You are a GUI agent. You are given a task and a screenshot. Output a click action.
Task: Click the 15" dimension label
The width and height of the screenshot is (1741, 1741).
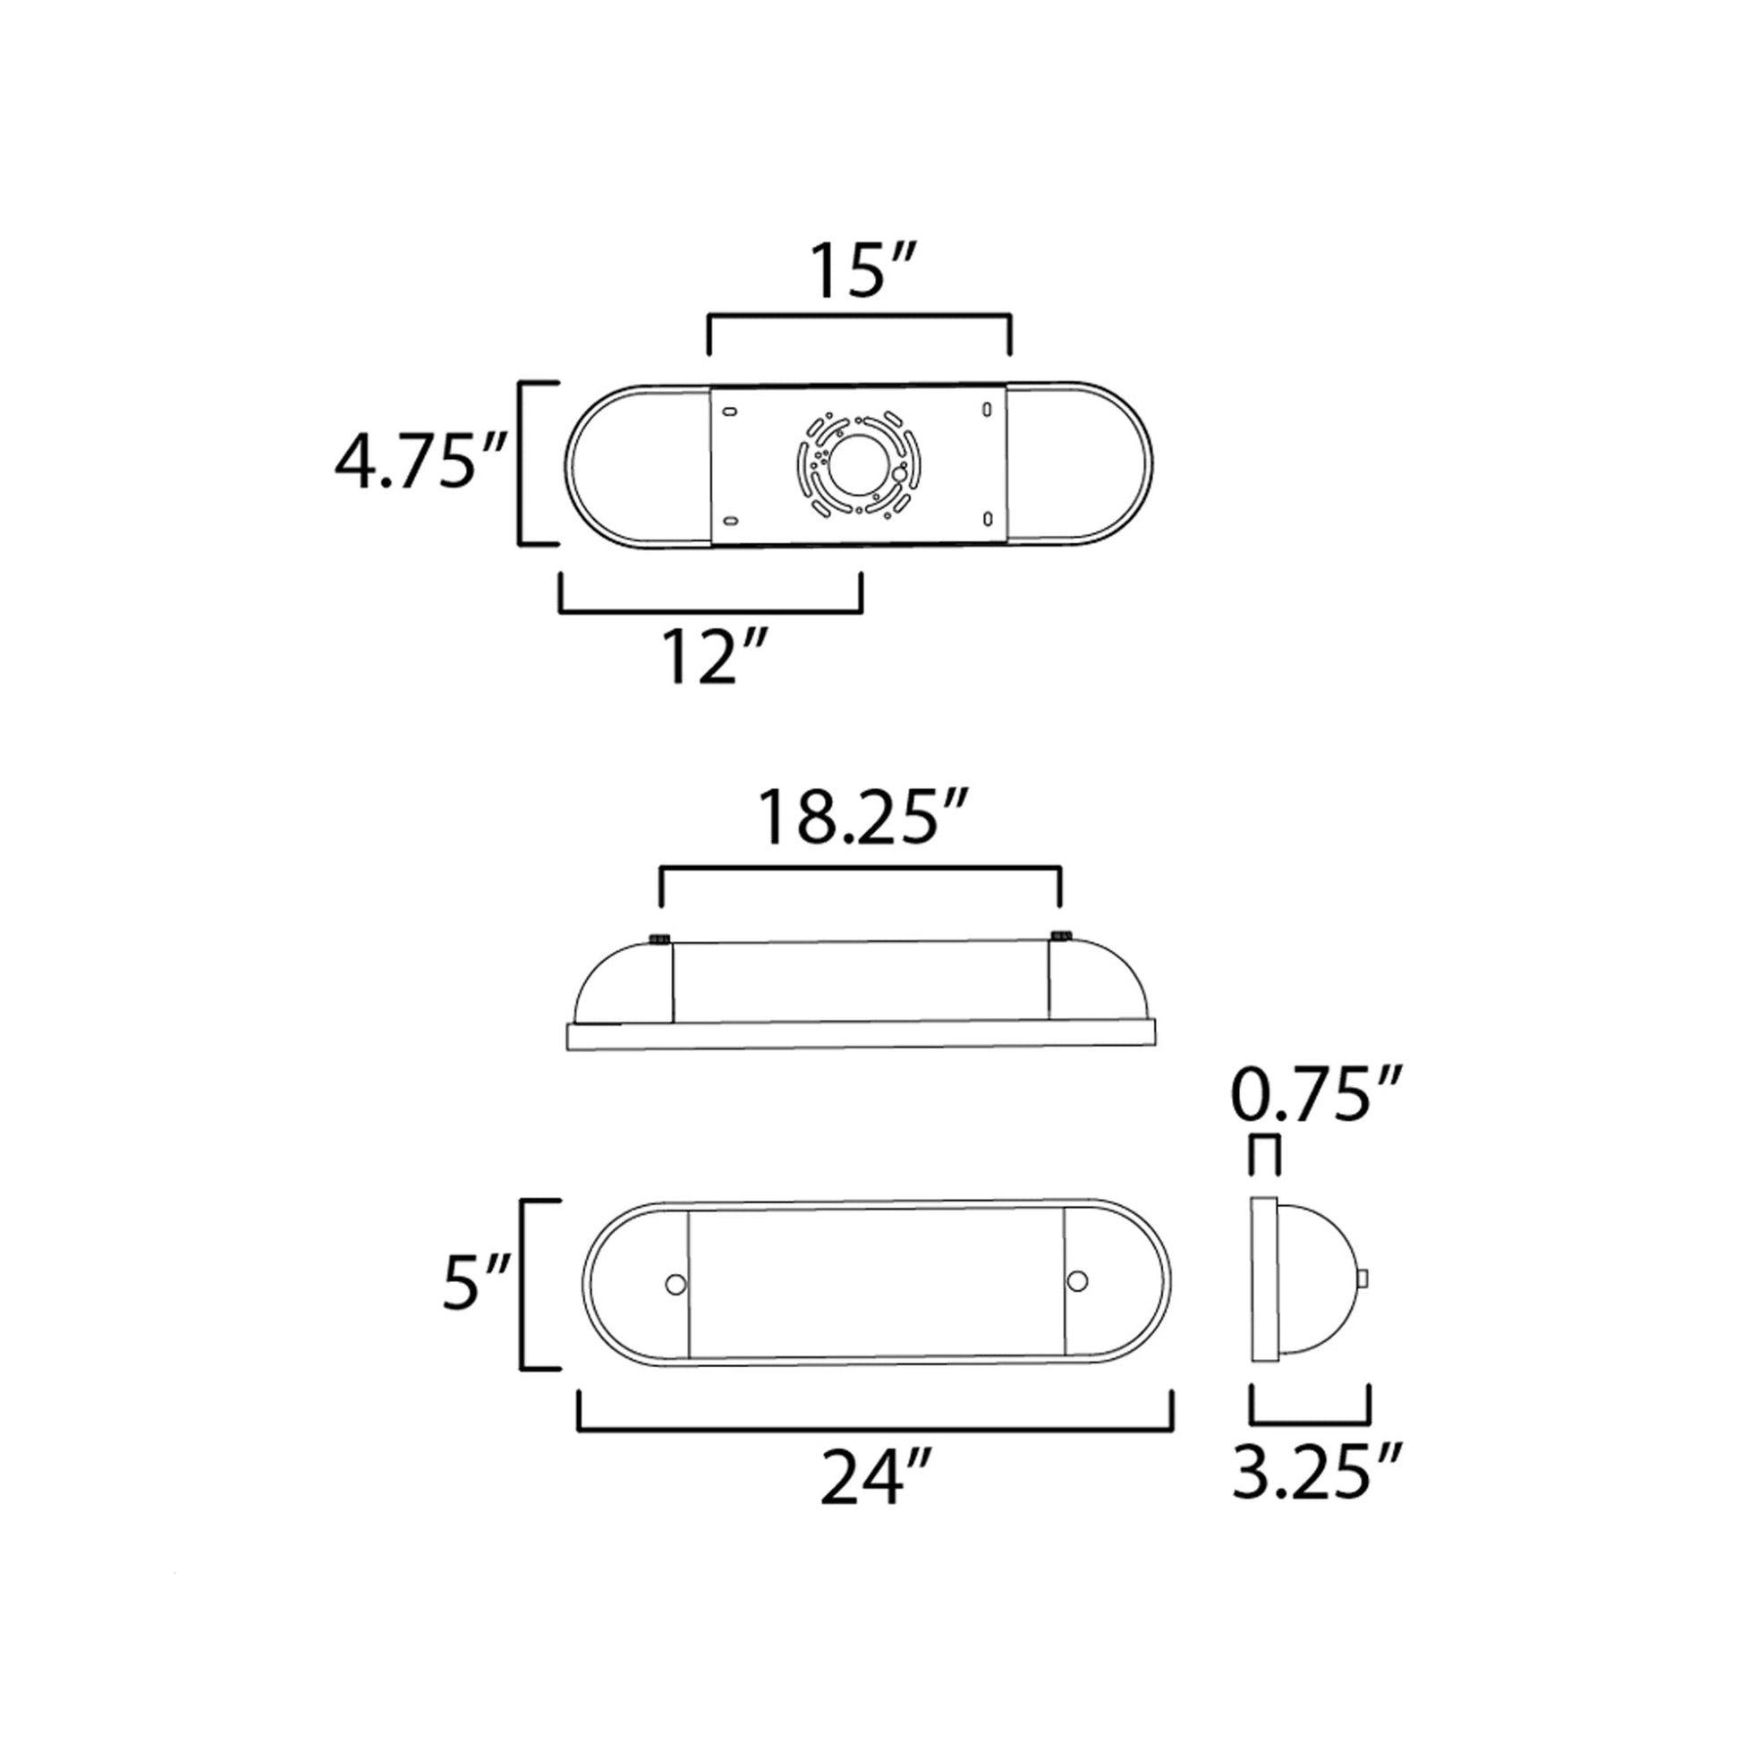pyautogui.click(x=864, y=269)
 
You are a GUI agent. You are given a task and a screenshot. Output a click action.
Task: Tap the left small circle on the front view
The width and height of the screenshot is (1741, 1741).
pyautogui.click(x=673, y=1283)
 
